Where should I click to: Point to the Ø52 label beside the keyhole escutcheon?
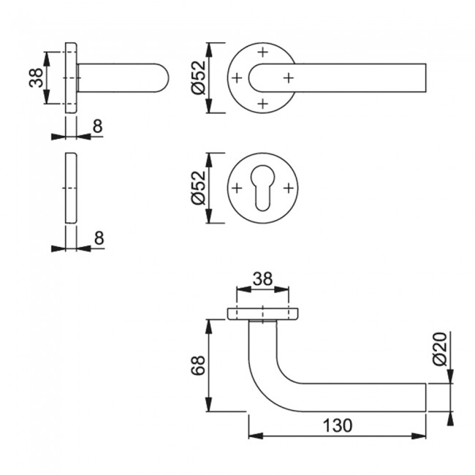(x=196, y=189)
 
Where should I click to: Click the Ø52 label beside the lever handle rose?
(x=196, y=77)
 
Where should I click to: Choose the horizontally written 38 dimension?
(x=263, y=278)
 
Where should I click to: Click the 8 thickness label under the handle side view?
(x=97, y=126)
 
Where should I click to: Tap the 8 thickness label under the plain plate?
(x=99, y=237)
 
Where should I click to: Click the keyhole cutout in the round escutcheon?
(x=263, y=189)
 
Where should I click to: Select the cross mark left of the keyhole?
(x=237, y=189)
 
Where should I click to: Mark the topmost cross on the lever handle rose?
(x=263, y=52)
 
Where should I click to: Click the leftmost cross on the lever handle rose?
(x=237, y=77)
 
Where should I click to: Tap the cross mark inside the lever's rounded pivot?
(x=288, y=77)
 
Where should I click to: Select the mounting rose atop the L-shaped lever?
(x=263, y=314)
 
